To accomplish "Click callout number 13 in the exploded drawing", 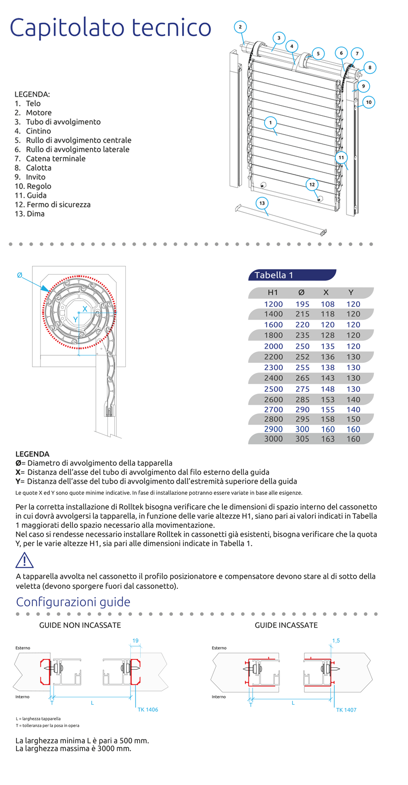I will [x=262, y=203].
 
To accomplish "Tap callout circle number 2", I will [x=240, y=27].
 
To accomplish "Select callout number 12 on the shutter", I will [x=312, y=185].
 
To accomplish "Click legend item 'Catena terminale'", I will [x=55, y=159].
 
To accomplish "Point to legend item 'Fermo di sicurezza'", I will [x=59, y=204].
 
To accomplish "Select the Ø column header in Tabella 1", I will [x=302, y=293].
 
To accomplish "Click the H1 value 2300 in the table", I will [x=273, y=368].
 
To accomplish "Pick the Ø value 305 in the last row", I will [x=302, y=439].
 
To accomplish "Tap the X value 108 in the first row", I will [x=327, y=304].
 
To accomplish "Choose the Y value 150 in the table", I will [x=353, y=419].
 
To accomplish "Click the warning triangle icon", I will [x=24, y=560].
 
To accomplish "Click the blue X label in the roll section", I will [x=85, y=309].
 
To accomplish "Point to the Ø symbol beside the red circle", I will [x=19, y=275].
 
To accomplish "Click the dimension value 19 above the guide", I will [x=135, y=641].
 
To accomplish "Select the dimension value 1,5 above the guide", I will [x=336, y=641].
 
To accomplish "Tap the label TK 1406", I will [x=148, y=710].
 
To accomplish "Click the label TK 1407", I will [x=346, y=710].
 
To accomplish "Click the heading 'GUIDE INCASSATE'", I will [x=286, y=625].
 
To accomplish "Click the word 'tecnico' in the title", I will [x=171, y=28].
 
